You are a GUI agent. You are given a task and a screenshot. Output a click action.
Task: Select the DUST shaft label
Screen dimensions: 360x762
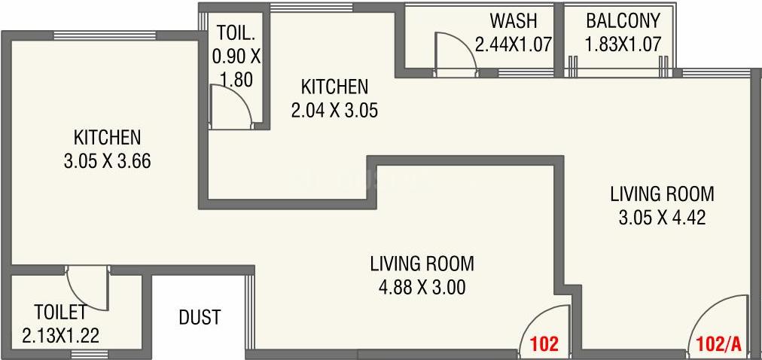click(200, 317)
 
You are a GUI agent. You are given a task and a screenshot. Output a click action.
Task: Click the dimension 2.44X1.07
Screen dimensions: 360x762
click(514, 44)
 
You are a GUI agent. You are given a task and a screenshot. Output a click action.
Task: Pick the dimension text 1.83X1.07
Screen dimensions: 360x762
click(623, 44)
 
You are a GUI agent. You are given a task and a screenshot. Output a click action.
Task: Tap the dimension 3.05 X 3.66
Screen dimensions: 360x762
click(107, 161)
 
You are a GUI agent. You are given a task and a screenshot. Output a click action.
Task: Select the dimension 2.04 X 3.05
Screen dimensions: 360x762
click(334, 111)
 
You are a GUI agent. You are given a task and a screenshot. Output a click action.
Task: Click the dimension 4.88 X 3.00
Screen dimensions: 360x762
click(422, 287)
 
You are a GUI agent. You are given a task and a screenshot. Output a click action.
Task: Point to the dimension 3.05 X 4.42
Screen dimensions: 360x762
click(661, 218)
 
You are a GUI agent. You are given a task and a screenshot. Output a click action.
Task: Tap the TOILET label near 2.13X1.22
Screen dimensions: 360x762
click(60, 310)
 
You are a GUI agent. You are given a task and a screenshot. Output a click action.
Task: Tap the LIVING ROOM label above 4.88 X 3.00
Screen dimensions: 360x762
click(422, 264)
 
